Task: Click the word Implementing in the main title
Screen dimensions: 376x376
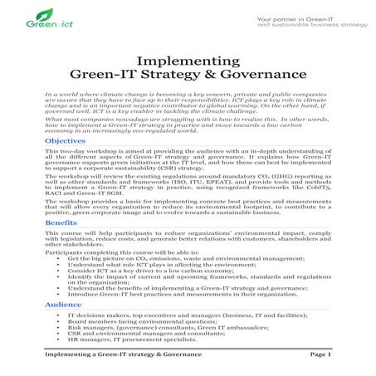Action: [187, 60]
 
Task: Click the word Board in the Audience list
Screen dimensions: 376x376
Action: [76, 324]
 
